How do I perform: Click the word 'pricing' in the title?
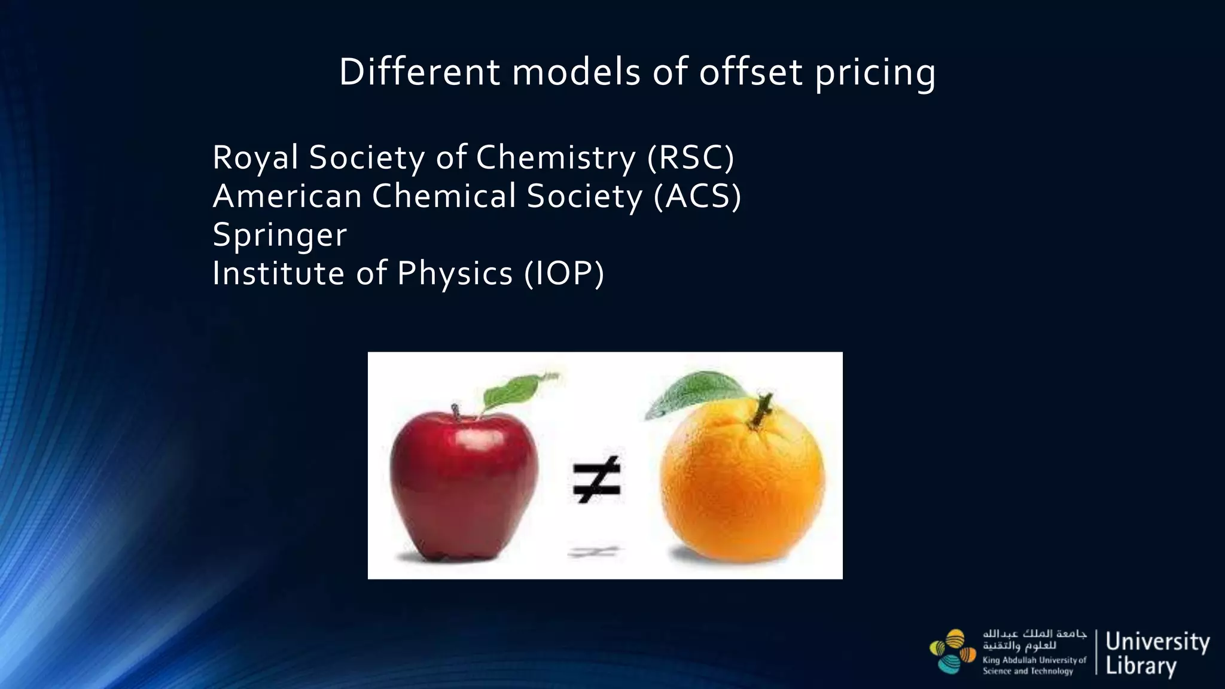(x=875, y=73)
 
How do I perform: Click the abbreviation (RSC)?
(x=690, y=158)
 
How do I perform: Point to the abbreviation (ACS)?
(x=697, y=197)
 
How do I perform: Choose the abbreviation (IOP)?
(x=564, y=274)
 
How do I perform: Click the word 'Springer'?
(x=279, y=235)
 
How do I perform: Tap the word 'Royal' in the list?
(x=255, y=158)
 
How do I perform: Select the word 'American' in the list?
(x=287, y=197)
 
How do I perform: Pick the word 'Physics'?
(x=455, y=274)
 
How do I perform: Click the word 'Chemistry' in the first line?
(x=556, y=158)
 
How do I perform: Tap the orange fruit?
(x=742, y=484)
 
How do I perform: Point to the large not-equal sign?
(x=596, y=480)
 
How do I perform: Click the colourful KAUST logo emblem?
(x=952, y=651)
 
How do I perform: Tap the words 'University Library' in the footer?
(x=1157, y=653)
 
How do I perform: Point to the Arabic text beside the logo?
(x=1034, y=639)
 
